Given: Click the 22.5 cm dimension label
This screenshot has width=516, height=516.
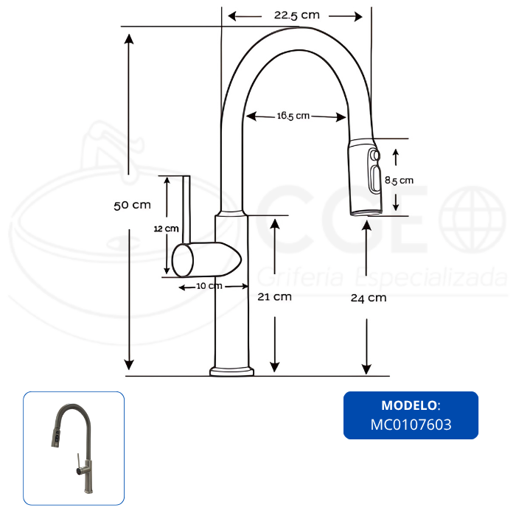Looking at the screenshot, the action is (297, 15).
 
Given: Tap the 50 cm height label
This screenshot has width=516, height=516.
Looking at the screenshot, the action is (132, 206).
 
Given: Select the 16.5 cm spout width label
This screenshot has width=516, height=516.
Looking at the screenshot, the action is (293, 116).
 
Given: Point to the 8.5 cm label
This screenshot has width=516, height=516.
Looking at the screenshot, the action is (399, 181).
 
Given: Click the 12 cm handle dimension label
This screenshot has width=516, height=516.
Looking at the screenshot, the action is (166, 229).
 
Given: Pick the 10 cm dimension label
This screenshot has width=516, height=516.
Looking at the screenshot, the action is (209, 286).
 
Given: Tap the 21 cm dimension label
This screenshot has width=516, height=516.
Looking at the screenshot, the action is (274, 297).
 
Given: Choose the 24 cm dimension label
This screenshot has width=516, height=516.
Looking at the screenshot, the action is (369, 298).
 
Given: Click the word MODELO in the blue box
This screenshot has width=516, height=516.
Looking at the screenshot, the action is (409, 405).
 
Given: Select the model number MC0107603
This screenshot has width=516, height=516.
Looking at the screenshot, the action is (411, 425).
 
